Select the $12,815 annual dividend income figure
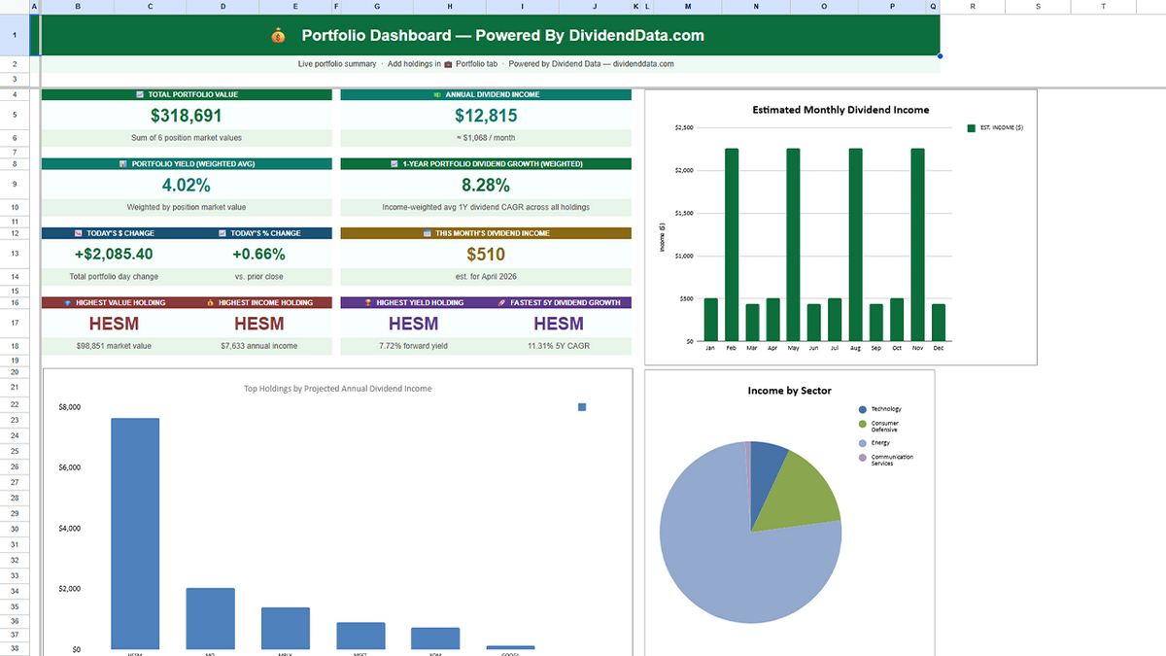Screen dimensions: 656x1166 (485, 116)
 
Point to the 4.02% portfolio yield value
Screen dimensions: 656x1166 (186, 185)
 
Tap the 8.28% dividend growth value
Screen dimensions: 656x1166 (485, 185)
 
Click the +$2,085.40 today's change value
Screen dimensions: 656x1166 (113, 255)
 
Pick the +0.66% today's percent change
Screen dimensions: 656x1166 (258, 255)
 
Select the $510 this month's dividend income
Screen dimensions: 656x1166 (485, 255)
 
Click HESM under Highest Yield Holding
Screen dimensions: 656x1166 (413, 324)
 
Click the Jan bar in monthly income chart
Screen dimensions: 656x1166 (710, 320)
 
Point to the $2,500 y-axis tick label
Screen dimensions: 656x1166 (683, 127)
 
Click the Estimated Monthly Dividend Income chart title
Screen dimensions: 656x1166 (840, 110)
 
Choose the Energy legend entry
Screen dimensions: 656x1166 (879, 442)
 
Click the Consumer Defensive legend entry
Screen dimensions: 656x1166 (884, 426)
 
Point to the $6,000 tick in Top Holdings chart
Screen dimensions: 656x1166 (69, 467)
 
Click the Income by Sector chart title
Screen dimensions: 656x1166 (789, 391)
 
